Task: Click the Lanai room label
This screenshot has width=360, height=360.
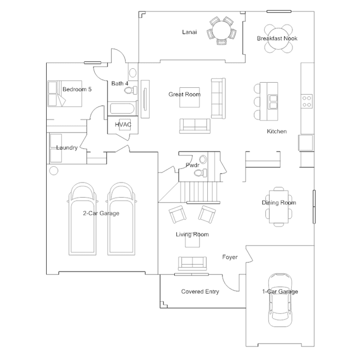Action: click(x=189, y=32)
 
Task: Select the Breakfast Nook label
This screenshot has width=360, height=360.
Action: click(x=277, y=38)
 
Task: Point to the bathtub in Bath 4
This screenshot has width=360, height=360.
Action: click(x=121, y=109)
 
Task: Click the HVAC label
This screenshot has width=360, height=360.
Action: click(x=123, y=125)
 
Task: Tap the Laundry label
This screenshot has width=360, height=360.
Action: click(x=66, y=148)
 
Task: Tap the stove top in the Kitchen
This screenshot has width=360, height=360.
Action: click(x=308, y=101)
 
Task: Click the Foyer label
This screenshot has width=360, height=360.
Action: click(x=230, y=257)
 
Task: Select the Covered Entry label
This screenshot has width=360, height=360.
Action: click(x=200, y=292)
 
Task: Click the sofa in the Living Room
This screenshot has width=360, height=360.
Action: click(x=192, y=263)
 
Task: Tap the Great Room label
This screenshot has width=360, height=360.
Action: click(x=184, y=94)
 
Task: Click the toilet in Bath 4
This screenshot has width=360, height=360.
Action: click(x=133, y=73)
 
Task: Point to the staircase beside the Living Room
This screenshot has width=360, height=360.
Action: click(x=199, y=192)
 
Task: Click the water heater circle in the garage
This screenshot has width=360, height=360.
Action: click(x=54, y=170)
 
